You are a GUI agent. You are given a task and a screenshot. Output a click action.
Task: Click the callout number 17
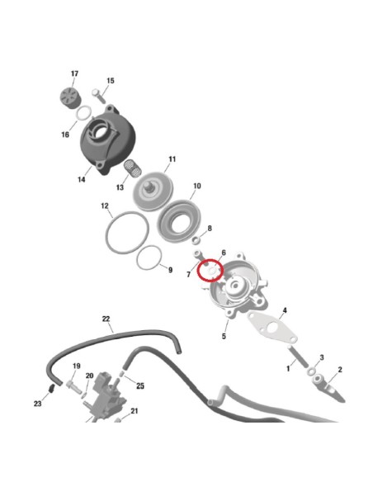74,74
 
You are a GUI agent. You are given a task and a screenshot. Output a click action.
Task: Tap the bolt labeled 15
97,92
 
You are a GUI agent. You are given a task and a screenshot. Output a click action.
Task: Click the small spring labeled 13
130,171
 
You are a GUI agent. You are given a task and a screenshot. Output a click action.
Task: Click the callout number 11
172,158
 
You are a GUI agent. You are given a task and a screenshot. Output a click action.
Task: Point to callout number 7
189,273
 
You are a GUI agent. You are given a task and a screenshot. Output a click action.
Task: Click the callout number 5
224,336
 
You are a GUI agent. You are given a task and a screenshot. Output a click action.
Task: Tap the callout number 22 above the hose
106,319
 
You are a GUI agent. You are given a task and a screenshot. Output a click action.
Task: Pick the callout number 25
140,386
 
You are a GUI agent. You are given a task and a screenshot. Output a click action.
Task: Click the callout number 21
134,410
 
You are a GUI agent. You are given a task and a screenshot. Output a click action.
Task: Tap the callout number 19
76,366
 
